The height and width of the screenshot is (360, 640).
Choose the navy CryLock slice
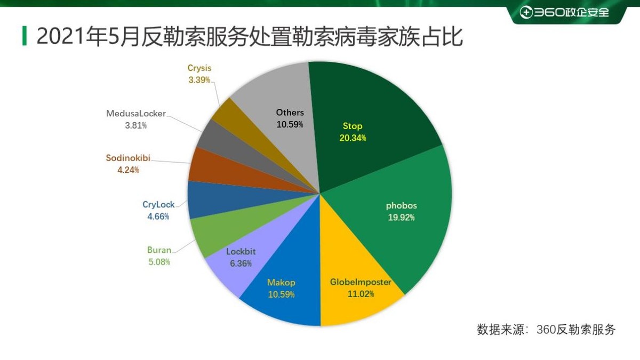tap(203, 200)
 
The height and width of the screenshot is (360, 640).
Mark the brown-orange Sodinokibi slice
tap(205, 165)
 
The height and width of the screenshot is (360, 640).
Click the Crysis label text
tap(199, 68)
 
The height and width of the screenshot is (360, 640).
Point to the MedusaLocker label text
tap(136, 114)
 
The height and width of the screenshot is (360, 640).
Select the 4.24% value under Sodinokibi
tap(128, 170)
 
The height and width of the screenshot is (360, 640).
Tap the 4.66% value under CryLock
tap(158, 217)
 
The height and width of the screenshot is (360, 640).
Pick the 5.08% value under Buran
tap(159, 262)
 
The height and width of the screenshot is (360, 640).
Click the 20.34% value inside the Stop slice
tap(353, 138)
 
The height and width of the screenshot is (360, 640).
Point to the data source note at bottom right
tap(546, 329)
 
